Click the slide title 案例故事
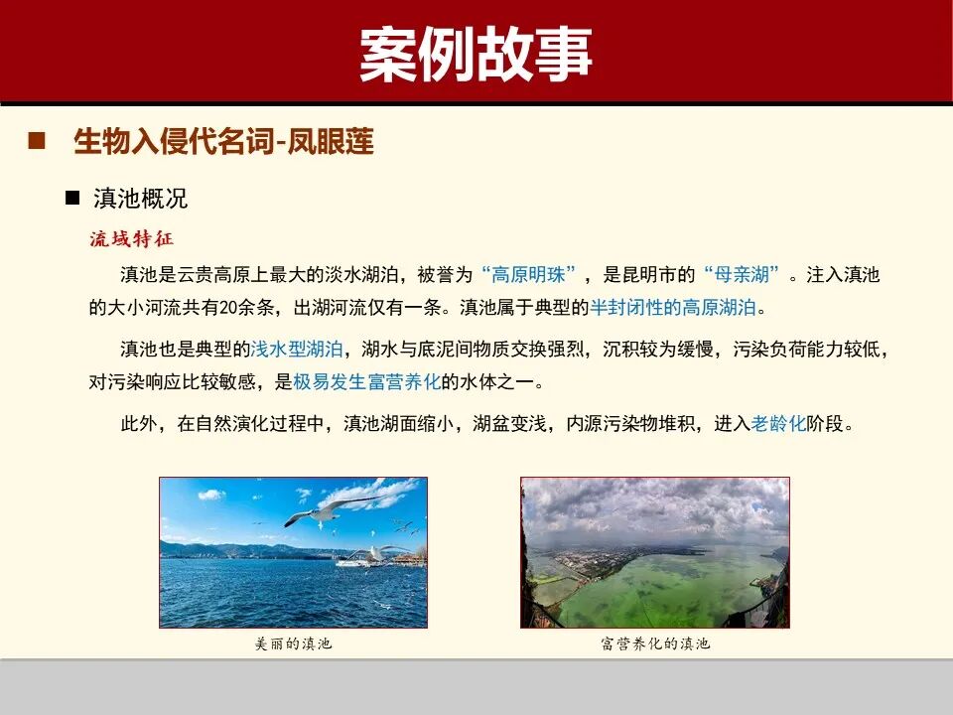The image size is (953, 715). click(x=476, y=52)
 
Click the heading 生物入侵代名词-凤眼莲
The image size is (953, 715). click(x=223, y=142)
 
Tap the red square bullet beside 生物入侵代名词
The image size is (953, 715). click(x=38, y=141)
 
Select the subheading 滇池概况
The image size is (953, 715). click(x=140, y=199)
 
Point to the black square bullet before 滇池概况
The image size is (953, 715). click(x=71, y=198)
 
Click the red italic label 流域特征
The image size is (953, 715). click(x=131, y=239)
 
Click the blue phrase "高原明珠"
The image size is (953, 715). click(x=527, y=275)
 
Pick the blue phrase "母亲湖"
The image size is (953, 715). click(x=743, y=275)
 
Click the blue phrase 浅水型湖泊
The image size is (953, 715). click(x=298, y=350)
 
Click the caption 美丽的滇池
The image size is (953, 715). click(x=293, y=643)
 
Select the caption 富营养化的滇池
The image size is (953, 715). click(x=655, y=643)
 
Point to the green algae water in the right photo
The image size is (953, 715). click(x=665, y=586)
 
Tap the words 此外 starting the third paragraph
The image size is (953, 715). click(x=140, y=424)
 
